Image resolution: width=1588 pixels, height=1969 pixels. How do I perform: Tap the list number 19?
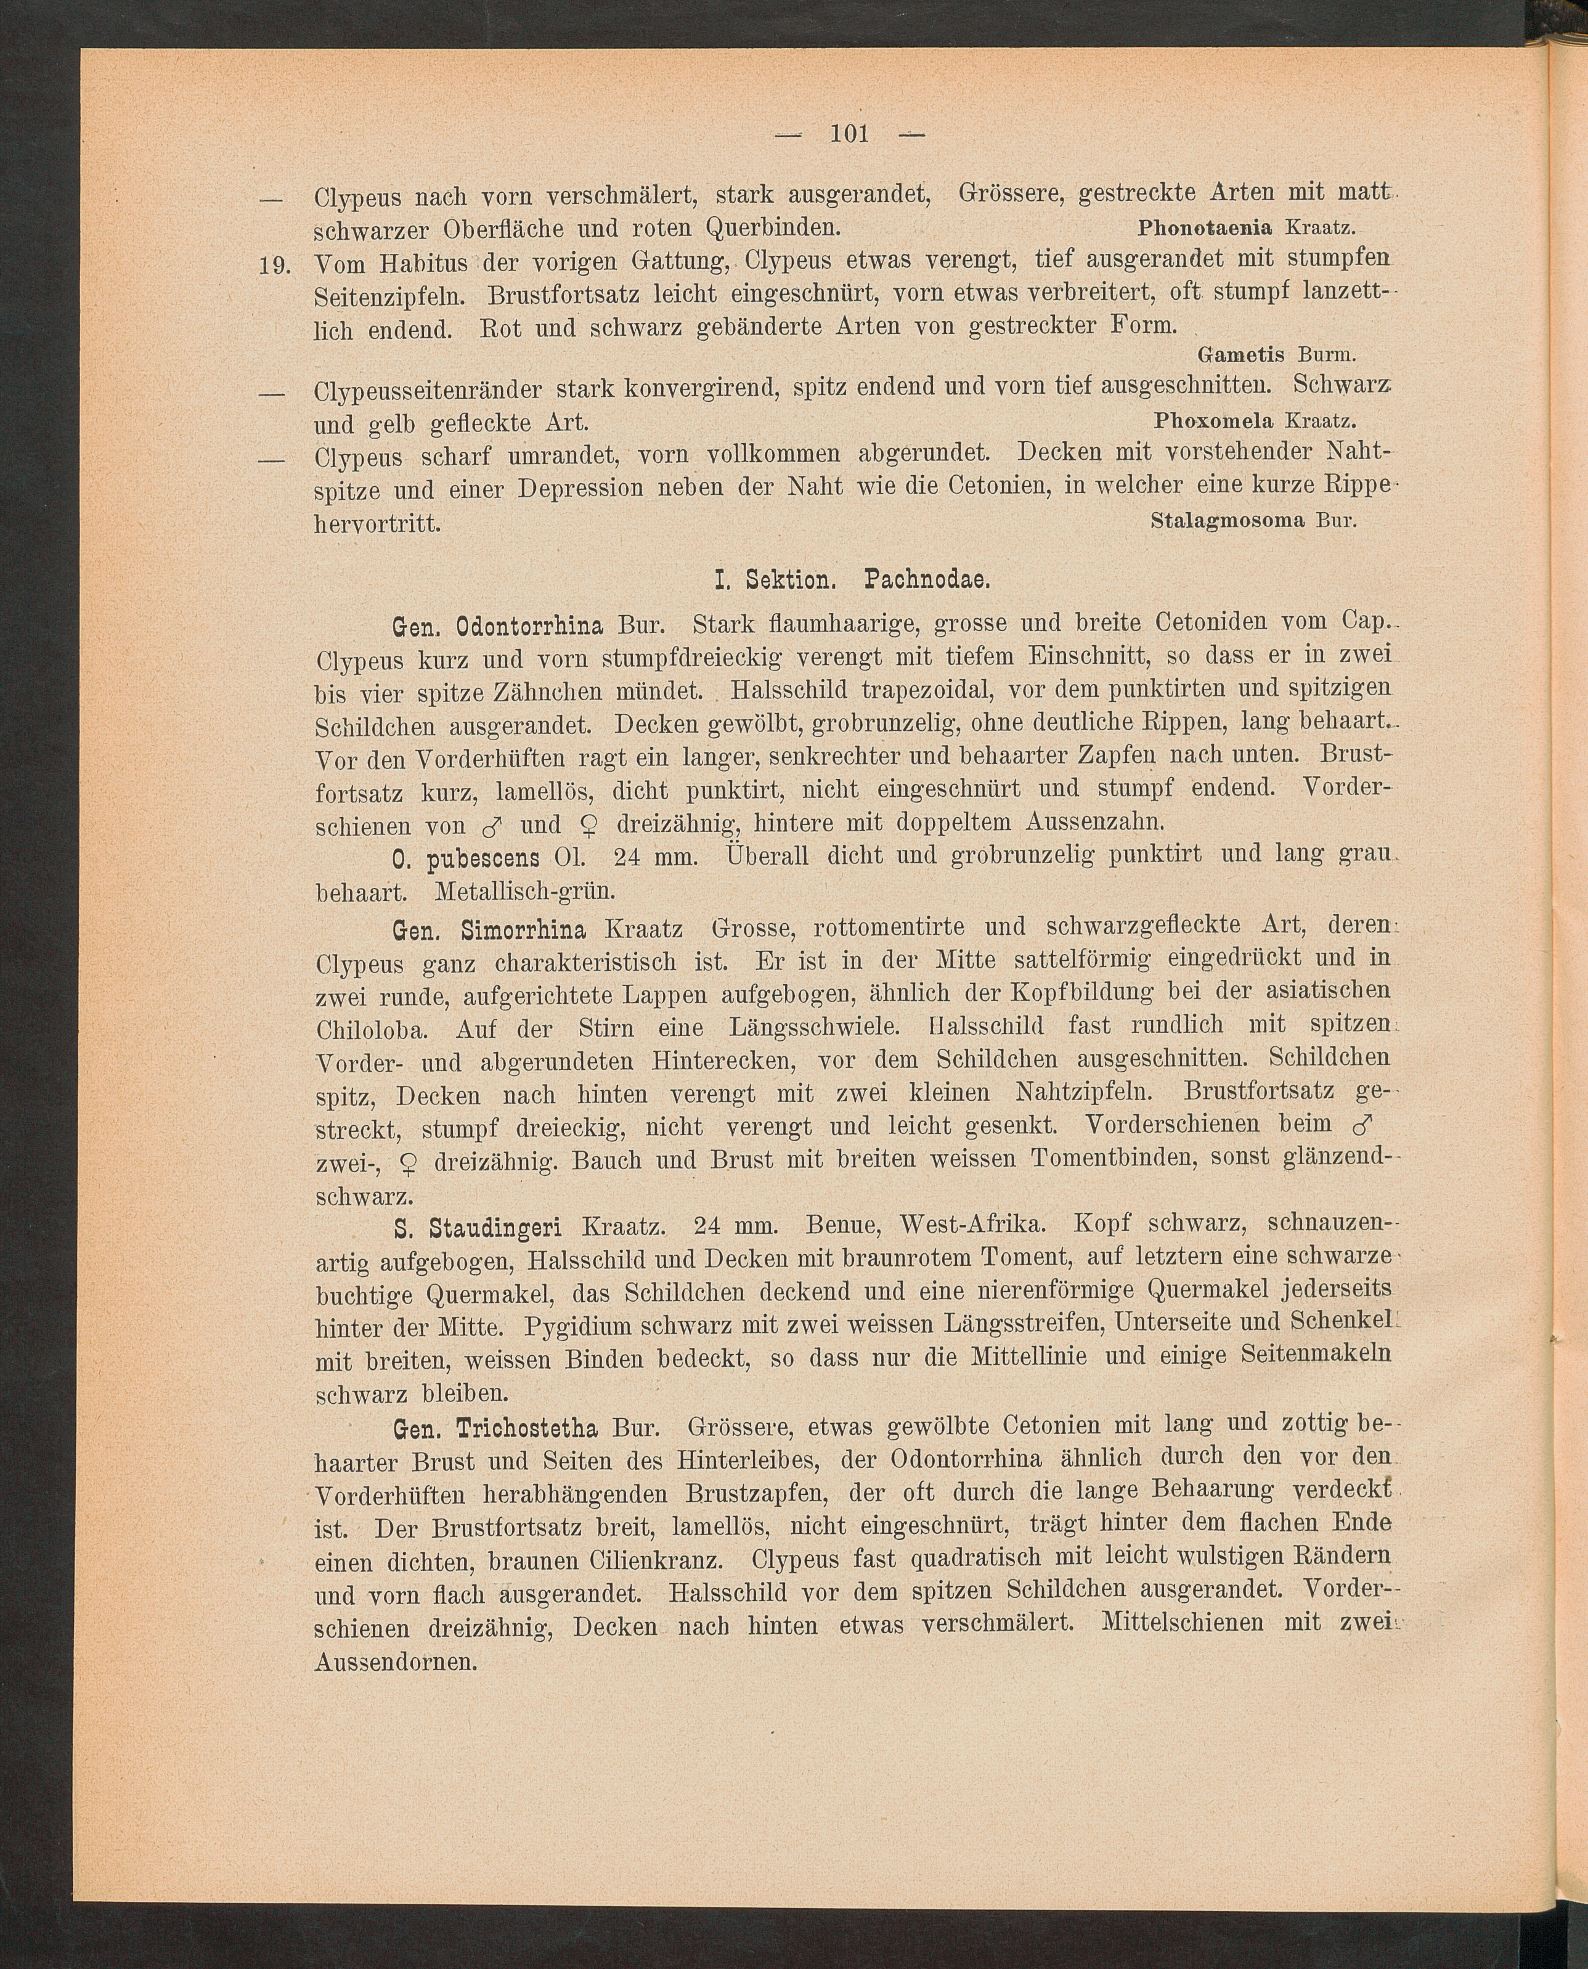coord(274,266)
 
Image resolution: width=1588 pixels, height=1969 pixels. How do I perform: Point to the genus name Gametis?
coord(1241,354)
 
